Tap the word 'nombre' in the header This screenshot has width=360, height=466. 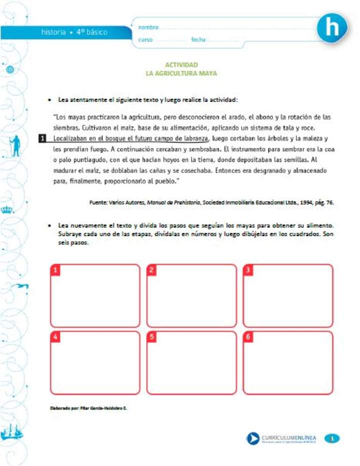point(148,27)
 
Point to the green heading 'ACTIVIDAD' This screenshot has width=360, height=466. point(181,65)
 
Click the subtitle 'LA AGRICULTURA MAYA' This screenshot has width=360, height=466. point(181,73)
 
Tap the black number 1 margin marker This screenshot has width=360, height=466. point(43,138)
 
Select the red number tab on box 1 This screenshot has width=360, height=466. point(55,270)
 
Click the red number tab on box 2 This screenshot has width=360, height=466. point(152,270)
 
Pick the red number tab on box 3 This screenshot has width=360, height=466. point(248,270)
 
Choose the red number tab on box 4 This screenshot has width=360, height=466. point(55,337)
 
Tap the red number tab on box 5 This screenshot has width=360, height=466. point(152,337)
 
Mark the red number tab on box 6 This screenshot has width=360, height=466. point(248,337)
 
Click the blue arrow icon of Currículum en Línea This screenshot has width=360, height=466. point(253,438)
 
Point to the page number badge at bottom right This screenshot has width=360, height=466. point(332,438)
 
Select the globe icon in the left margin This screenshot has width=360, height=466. point(10,70)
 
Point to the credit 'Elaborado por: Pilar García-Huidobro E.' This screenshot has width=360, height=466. point(89,408)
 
